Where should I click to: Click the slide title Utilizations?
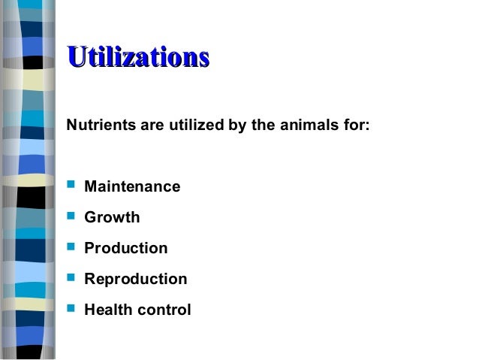(137, 58)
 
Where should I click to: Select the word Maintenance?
(132, 186)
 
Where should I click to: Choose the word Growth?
(112, 217)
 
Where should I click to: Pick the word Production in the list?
(126, 248)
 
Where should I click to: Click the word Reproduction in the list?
(136, 279)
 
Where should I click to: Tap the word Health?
(109, 310)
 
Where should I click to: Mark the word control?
(164, 310)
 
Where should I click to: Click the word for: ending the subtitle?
(356, 124)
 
